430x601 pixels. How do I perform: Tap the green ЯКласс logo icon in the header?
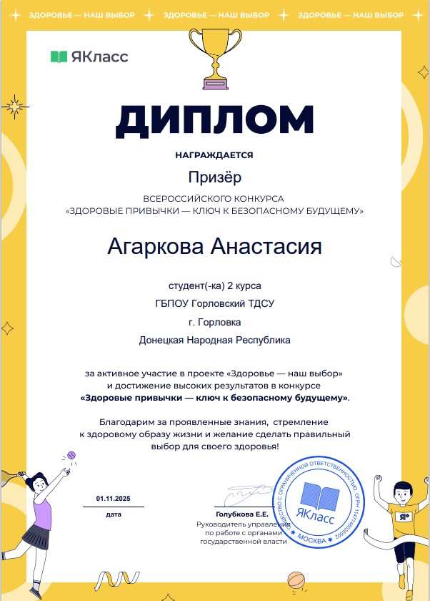(x=59, y=57)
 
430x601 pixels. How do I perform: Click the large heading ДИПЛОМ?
(x=214, y=121)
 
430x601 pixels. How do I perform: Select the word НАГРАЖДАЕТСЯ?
(x=214, y=155)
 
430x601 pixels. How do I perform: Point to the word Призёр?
(x=215, y=175)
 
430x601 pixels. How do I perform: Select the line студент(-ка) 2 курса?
(x=214, y=285)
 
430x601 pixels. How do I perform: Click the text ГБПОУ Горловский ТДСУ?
(x=214, y=303)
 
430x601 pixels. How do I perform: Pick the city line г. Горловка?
(x=214, y=322)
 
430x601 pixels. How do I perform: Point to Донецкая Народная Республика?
(x=214, y=341)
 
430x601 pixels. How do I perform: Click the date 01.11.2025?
(x=114, y=499)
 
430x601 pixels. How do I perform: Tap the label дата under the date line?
(x=114, y=514)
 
